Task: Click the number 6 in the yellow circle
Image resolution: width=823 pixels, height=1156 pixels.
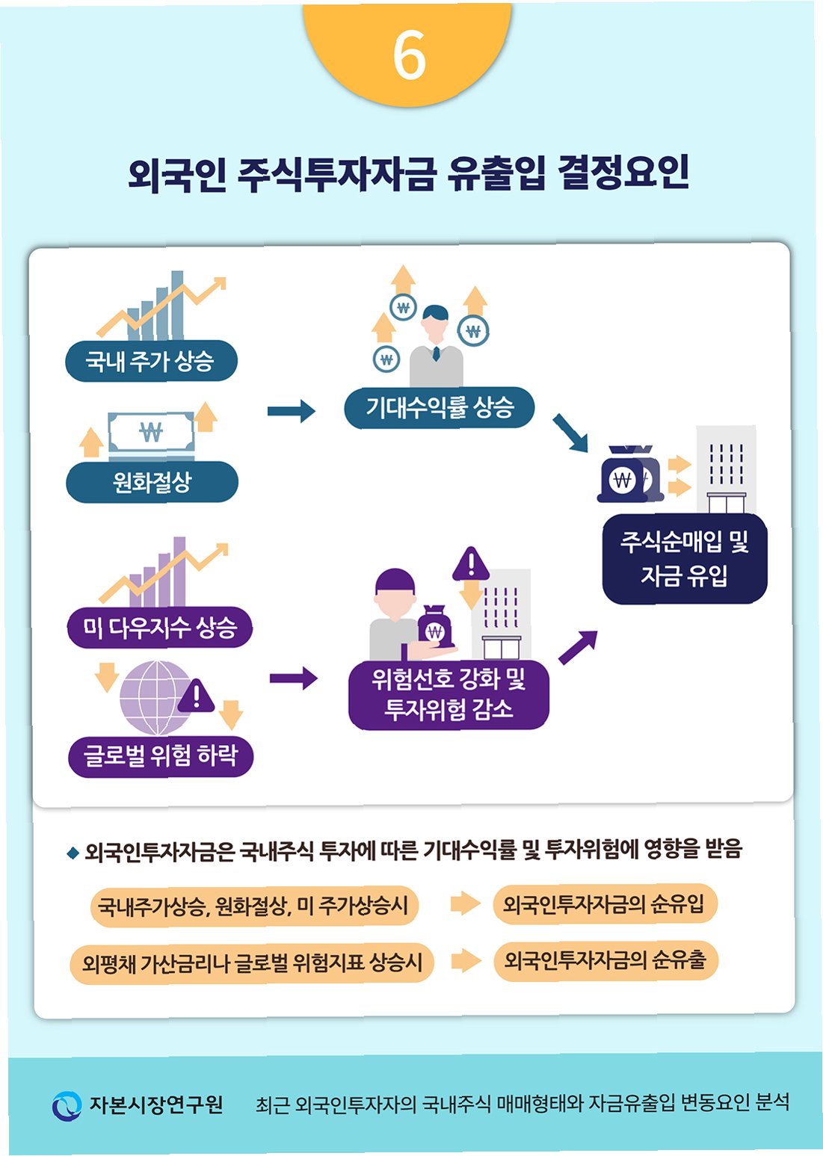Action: click(409, 55)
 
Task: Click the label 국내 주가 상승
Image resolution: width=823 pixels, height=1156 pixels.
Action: click(151, 361)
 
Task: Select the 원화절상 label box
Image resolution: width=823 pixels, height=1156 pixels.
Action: click(152, 482)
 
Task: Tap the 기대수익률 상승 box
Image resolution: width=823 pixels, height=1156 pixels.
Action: click(440, 407)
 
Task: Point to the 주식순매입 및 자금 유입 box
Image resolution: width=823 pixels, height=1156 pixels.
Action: click(685, 558)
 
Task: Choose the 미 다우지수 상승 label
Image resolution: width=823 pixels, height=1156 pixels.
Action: click(159, 627)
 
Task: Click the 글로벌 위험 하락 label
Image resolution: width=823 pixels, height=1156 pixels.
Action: click(160, 755)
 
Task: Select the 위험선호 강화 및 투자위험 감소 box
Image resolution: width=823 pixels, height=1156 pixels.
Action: click(449, 693)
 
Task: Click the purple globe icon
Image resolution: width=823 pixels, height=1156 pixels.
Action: click(155, 696)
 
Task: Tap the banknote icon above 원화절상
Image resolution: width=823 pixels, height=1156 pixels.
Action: click(151, 433)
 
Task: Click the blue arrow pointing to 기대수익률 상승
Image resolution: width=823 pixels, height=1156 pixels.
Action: click(291, 410)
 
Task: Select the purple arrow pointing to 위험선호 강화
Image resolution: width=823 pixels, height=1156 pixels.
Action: click(293, 679)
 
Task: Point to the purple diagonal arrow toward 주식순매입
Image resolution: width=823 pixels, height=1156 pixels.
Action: click(578, 647)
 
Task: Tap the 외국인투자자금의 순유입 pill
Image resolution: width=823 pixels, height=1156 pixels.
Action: click(604, 904)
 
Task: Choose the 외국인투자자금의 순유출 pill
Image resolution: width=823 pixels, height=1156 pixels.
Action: click(605, 960)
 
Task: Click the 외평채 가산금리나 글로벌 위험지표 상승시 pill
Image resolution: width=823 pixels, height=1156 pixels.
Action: click(252, 962)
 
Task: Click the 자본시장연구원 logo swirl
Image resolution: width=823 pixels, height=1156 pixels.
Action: click(67, 1105)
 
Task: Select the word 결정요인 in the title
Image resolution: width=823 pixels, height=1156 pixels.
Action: click(623, 173)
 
